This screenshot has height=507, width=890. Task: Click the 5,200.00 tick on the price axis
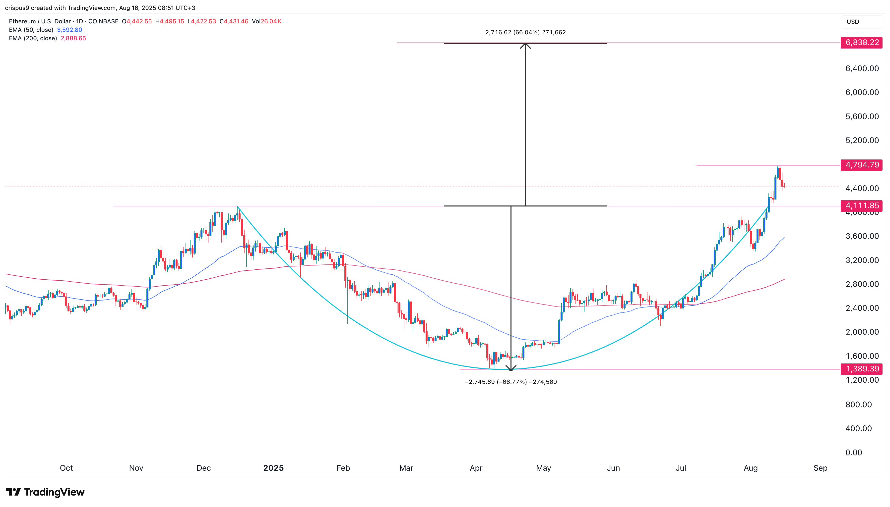point(862,140)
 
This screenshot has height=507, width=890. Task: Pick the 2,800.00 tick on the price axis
point(862,284)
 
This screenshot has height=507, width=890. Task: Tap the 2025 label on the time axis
point(274,468)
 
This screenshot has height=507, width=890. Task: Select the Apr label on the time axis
point(476,468)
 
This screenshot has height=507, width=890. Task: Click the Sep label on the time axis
point(820,468)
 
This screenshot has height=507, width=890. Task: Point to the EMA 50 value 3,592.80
point(70,30)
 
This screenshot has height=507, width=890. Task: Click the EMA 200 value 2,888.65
point(73,38)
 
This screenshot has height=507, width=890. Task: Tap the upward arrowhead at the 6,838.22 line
point(525,45)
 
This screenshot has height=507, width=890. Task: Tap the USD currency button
point(853,22)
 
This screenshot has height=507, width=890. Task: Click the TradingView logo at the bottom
point(45,492)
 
